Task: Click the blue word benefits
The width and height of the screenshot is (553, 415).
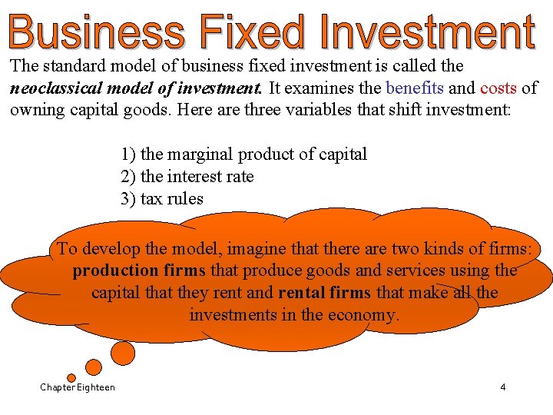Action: tap(416, 88)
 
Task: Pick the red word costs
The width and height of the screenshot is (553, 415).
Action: tap(498, 88)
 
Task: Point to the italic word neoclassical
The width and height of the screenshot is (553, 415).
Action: tap(52, 88)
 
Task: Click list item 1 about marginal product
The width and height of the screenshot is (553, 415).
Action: tap(243, 154)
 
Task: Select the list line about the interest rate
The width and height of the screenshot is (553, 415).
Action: tap(187, 177)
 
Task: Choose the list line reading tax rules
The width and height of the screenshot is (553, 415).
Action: tap(161, 199)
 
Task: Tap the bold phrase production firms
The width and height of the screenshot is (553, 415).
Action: tap(139, 271)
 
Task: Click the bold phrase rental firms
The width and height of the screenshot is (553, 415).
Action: tap(324, 293)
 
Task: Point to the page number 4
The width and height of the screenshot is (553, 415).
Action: tap(503, 387)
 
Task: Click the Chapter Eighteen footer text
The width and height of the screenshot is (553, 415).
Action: tap(78, 387)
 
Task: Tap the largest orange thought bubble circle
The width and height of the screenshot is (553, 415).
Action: tap(123, 353)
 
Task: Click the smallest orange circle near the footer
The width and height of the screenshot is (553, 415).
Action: tap(71, 378)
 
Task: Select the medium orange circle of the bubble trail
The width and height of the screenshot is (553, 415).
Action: tap(93, 367)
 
